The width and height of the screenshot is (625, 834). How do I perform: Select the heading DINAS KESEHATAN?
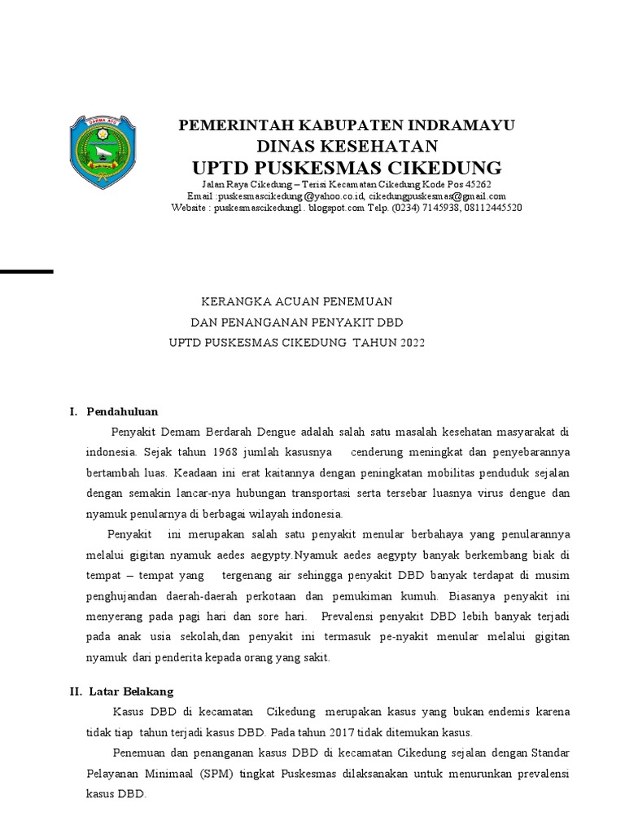pos(347,146)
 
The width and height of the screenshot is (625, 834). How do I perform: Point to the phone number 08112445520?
pos(488,208)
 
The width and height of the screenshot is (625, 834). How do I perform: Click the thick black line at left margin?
pos(26,270)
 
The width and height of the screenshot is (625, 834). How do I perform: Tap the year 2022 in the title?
pos(411,343)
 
